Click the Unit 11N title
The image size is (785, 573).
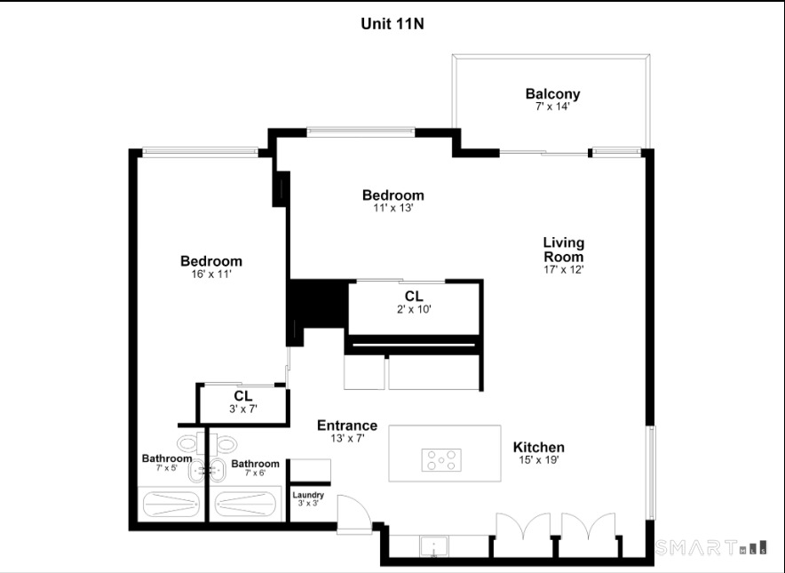coord(392,24)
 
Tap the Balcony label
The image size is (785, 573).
coord(552,93)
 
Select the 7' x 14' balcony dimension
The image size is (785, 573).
coord(552,107)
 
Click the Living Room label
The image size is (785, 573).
coord(564,250)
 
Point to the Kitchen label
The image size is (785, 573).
coord(539,447)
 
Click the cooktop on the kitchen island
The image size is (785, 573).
coord(441,460)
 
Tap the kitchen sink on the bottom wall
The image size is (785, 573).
coord(434,546)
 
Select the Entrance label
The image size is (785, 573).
coord(347,426)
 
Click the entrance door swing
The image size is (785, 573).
coord(354,513)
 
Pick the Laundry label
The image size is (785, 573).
coord(308,495)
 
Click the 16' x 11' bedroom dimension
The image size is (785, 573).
coord(211,274)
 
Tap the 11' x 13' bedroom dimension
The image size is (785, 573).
coord(393,208)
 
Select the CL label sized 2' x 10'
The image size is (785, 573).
coord(414,296)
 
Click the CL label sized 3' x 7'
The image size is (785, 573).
coord(242,395)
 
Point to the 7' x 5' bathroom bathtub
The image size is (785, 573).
coord(170,505)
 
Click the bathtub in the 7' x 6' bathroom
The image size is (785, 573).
coord(243,505)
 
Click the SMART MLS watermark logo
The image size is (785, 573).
coord(711,547)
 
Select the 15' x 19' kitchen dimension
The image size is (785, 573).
coord(539,460)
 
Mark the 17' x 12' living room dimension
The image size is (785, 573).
coord(564,269)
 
